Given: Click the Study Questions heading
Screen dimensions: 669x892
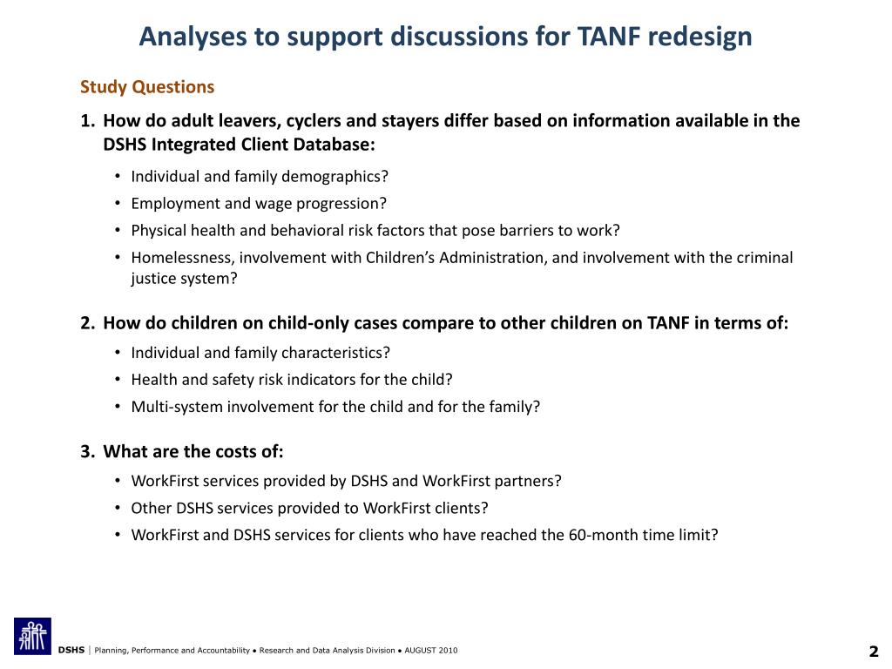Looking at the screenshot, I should pyautogui.click(x=147, y=87).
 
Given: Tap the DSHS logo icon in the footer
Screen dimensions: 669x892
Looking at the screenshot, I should pyautogui.click(x=32, y=636).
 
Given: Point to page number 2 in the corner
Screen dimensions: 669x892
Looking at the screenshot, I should pyautogui.click(x=873, y=652).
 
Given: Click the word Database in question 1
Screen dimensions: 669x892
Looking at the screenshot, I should pyautogui.click(x=332, y=144).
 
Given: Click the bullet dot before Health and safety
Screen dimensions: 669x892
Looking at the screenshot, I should pyautogui.click(x=118, y=380).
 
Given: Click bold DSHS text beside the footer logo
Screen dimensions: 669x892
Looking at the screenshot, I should pyautogui.click(x=71, y=652).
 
